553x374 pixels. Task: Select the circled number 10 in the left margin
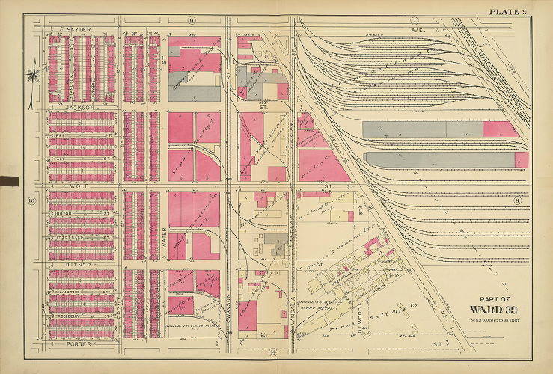click(31, 200)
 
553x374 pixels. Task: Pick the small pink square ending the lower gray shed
click(521, 159)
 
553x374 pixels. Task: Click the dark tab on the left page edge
click(9, 180)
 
